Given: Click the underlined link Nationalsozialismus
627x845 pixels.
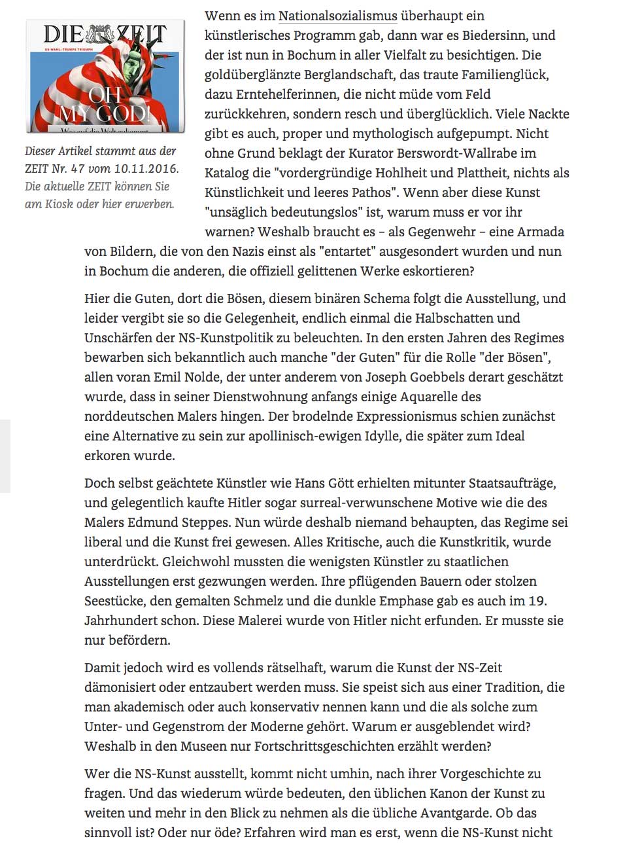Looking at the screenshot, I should click(337, 16).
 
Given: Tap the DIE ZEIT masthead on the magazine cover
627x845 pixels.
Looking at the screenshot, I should click(105, 35).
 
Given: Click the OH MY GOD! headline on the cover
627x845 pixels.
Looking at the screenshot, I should click(105, 105).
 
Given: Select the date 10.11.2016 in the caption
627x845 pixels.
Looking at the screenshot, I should click(146, 168).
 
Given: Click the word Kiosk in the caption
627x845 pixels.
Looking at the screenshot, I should click(68, 204).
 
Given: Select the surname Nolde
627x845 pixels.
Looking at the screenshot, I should click(203, 377).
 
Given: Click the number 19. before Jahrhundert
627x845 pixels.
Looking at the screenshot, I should click(537, 601).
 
